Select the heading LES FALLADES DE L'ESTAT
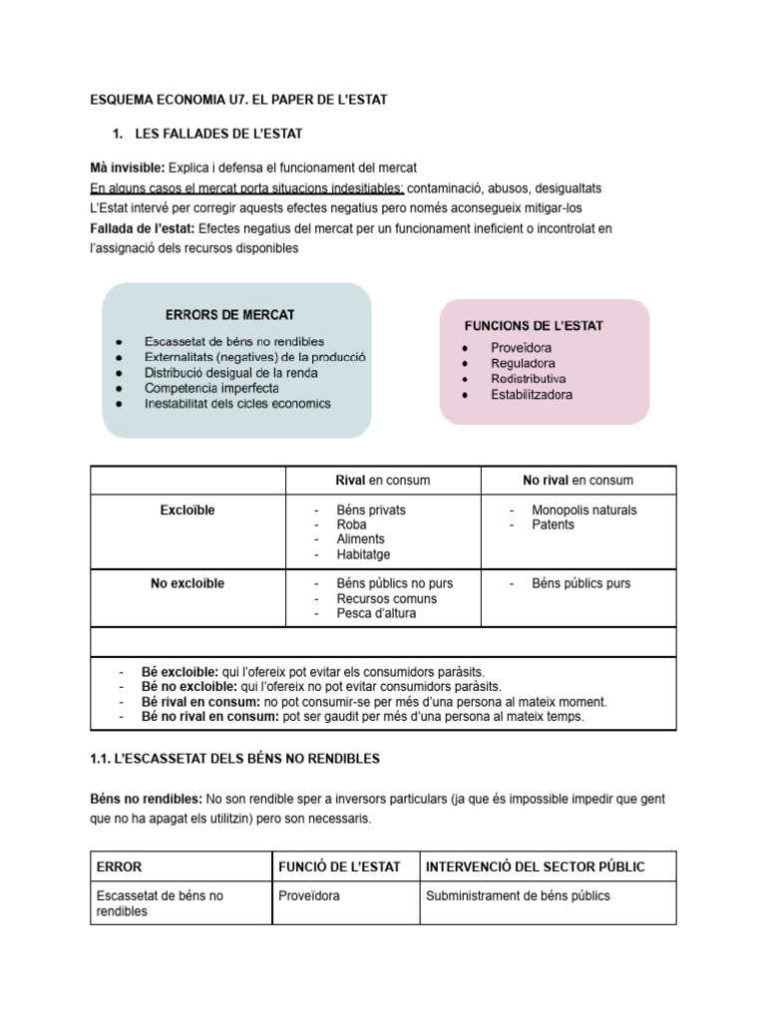click(218, 134)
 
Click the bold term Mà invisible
click(128, 167)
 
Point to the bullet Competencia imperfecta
click(211, 388)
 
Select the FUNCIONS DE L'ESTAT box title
click(534, 326)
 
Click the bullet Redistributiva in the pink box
click(528, 379)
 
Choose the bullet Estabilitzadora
click(532, 395)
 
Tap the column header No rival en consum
click(577, 481)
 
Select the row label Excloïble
click(188, 510)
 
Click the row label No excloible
click(188, 583)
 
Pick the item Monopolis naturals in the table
click(583, 510)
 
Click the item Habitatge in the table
click(363, 554)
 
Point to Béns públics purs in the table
click(580, 583)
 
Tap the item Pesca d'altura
click(376, 613)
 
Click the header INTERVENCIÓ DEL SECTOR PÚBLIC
click(535, 866)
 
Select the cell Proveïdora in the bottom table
click(308, 895)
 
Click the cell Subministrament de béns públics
click(518, 895)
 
